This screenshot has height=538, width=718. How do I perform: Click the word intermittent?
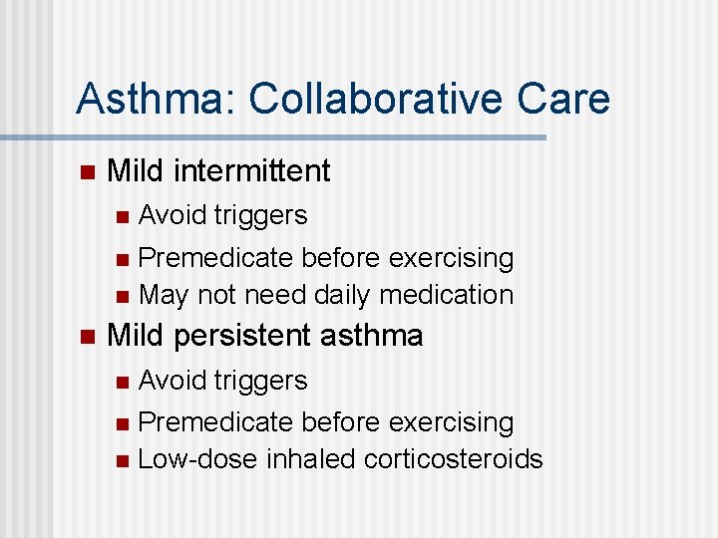tap(251, 171)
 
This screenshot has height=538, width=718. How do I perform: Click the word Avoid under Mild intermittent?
tap(167, 215)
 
